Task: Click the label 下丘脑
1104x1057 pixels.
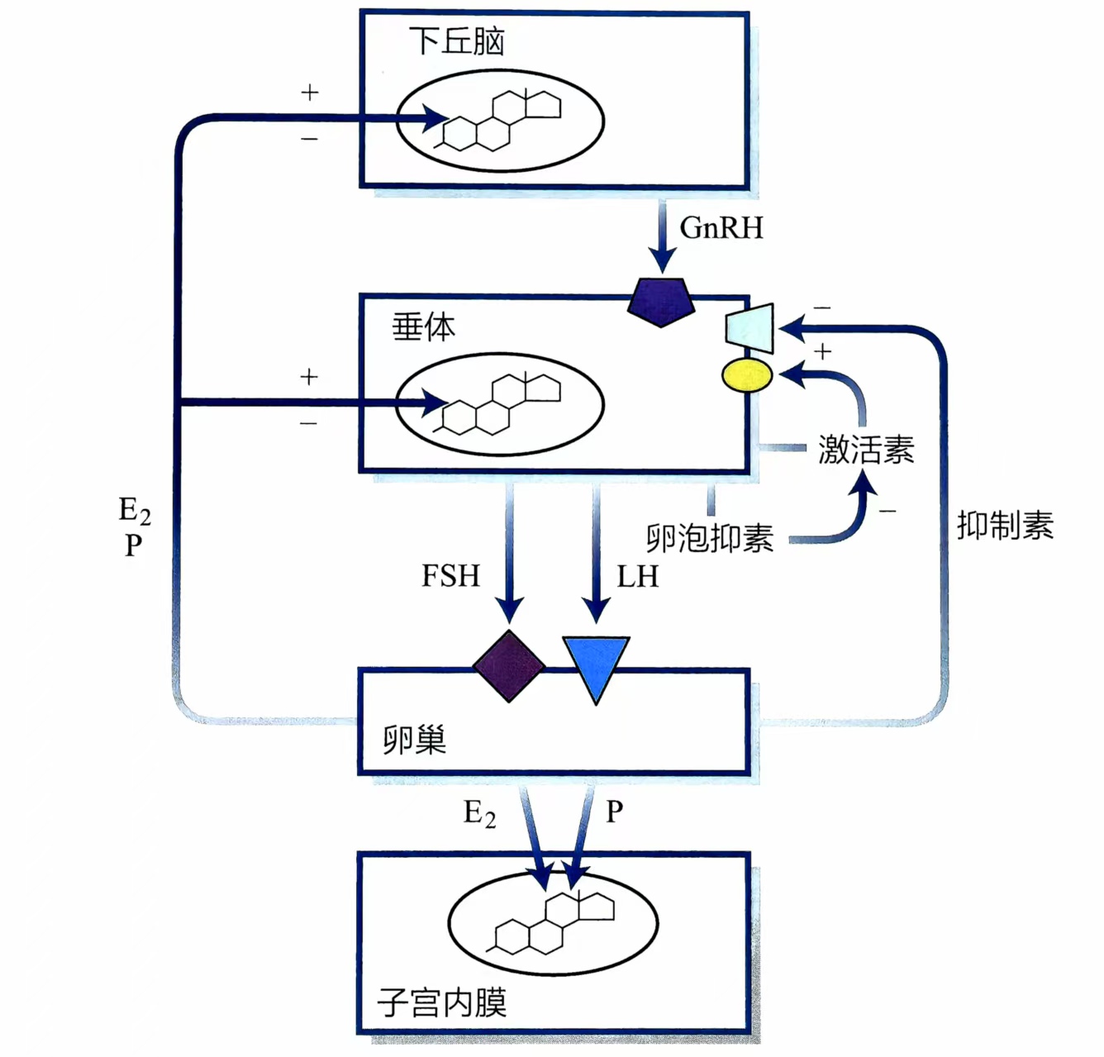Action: (x=456, y=41)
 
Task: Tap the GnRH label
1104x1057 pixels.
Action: (x=721, y=228)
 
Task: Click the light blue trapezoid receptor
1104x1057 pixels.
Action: (x=750, y=328)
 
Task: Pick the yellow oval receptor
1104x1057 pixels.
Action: (x=747, y=375)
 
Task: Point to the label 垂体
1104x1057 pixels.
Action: (x=423, y=328)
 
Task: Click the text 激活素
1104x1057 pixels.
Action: (x=866, y=450)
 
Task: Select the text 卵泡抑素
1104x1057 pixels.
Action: (x=710, y=538)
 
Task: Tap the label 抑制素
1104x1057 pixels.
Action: (x=1005, y=526)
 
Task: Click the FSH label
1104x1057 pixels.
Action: (x=450, y=576)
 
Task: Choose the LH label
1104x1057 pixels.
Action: (x=637, y=577)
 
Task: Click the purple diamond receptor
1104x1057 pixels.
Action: (x=509, y=666)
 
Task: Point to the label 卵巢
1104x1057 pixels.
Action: (x=414, y=739)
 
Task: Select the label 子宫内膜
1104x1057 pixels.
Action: (x=441, y=1002)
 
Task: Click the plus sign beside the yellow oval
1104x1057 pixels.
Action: (x=822, y=353)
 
